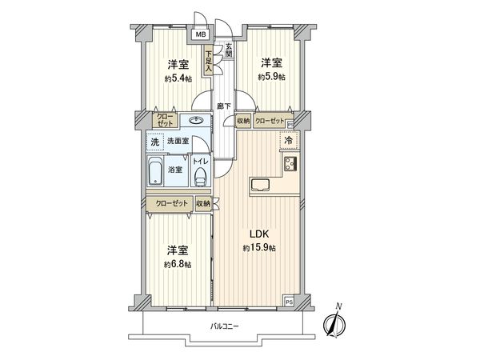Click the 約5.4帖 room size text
point(178,78)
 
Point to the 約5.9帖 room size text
point(271,77)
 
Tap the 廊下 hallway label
point(225,106)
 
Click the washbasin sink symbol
point(195,122)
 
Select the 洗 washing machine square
point(154,142)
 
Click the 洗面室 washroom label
point(178,142)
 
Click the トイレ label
point(202,161)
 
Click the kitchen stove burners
point(289,165)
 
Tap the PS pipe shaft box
point(290,302)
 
